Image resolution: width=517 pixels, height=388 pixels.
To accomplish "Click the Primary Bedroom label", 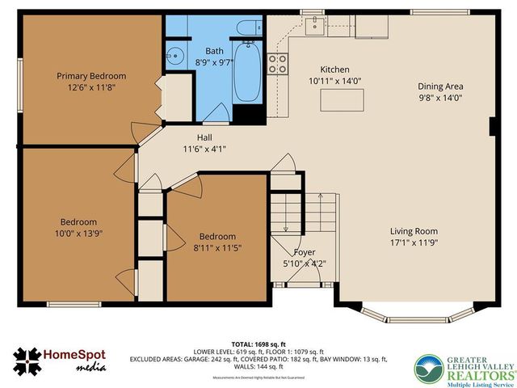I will pyautogui.click(x=90, y=76).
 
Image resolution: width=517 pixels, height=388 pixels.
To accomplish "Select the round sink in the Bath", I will pyautogui.click(x=174, y=58).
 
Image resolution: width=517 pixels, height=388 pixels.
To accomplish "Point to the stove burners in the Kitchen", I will pyautogui.click(x=279, y=64).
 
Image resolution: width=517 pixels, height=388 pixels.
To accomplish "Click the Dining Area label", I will pyautogui.click(x=440, y=86).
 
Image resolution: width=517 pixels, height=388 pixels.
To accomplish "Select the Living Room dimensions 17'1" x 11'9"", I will pyautogui.click(x=414, y=242).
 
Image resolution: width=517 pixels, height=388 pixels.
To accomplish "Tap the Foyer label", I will pyautogui.click(x=304, y=252).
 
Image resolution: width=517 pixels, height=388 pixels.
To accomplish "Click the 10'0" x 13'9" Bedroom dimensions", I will pyautogui.click(x=78, y=233).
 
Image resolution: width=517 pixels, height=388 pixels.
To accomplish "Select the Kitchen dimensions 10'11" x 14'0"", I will pyautogui.click(x=334, y=81).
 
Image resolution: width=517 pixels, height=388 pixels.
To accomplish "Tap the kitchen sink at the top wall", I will pyautogui.click(x=313, y=22).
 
